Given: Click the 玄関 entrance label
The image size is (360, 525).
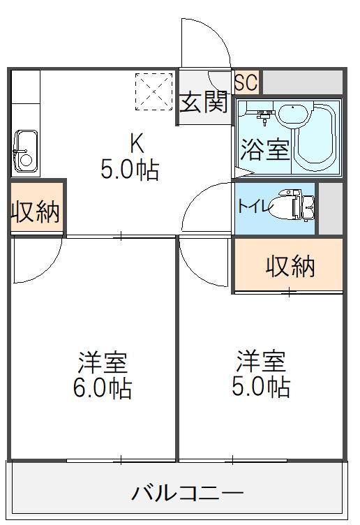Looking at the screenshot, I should (204, 103).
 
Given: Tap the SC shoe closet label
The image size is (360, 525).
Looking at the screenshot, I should (246, 83).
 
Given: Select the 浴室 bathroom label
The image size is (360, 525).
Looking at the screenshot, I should (265, 150).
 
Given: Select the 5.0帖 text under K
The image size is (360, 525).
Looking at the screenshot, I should (130, 170).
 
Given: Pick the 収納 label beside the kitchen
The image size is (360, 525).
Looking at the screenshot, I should (35, 210).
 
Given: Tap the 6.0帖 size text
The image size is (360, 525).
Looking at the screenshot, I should (103, 389).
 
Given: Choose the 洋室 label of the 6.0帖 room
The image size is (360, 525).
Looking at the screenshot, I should (103, 363).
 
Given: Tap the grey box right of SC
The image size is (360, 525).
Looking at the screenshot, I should (301, 82).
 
